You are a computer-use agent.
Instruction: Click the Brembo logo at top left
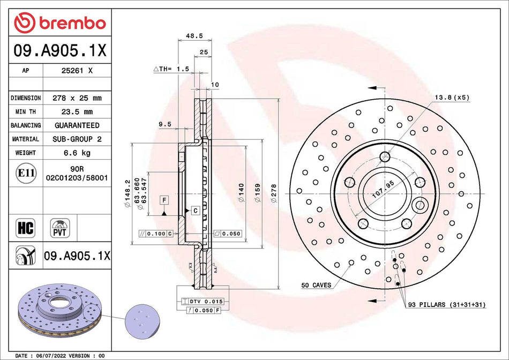[x=59, y=22]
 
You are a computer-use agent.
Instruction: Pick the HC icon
[x=25, y=228]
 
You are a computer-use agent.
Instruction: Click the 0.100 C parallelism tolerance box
[x=155, y=234]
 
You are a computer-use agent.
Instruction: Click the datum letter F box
[x=164, y=200]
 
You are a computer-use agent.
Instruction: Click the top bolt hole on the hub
[x=384, y=156]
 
